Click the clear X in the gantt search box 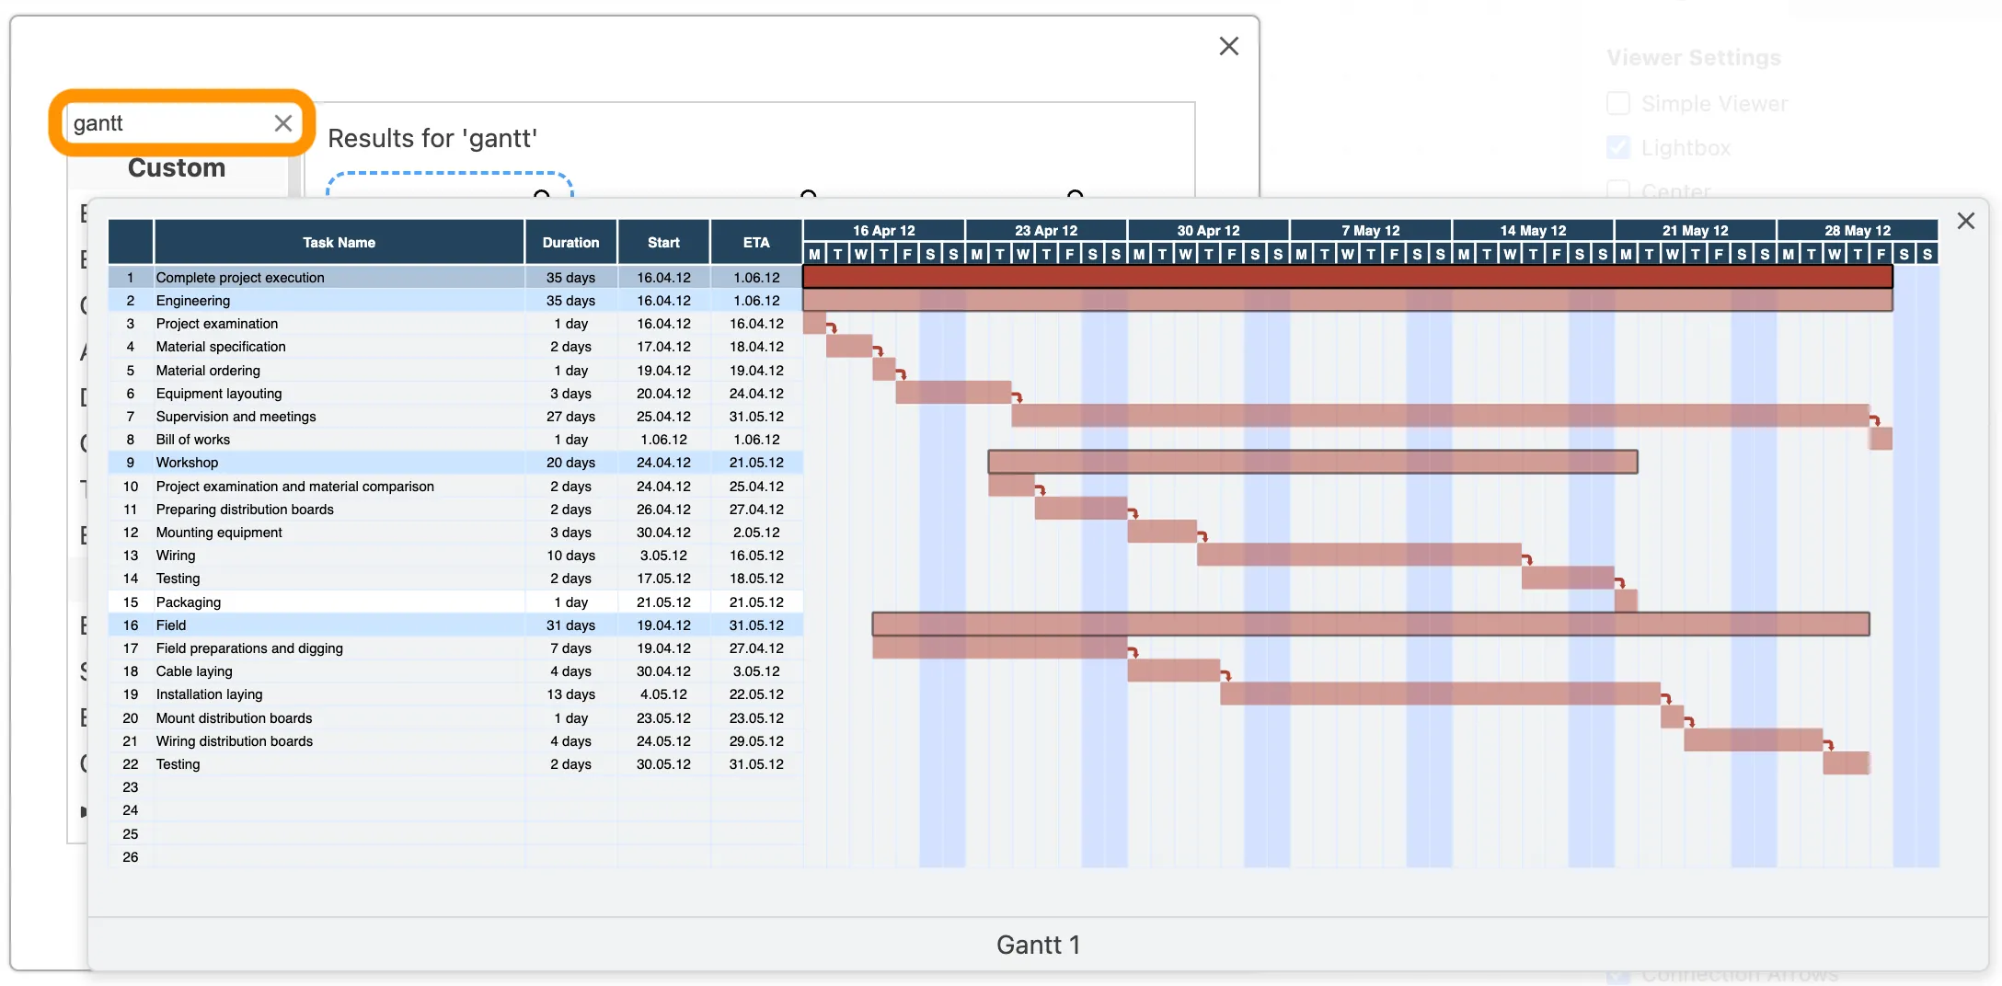(282, 123)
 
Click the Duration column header (570, 243)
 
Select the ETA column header (756, 243)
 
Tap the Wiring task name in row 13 (176, 556)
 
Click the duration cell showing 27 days (570, 417)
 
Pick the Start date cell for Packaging (663, 602)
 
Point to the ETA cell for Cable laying (756, 671)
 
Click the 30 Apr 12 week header (1208, 230)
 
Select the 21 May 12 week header (1695, 230)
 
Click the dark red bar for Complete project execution (1347, 277)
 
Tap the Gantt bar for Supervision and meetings (1440, 416)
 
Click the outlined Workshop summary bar (1312, 462)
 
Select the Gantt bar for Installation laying (1440, 694)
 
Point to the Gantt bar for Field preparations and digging (999, 648)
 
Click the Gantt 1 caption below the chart (1038, 945)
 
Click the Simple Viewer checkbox (1617, 103)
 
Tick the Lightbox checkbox (1617, 147)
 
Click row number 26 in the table (131, 857)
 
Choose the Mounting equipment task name (219, 533)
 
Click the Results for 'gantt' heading (432, 138)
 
